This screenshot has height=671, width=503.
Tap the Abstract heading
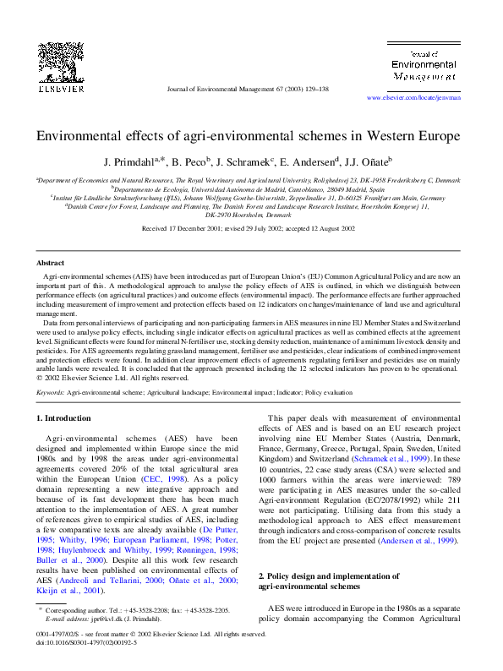click(50, 263)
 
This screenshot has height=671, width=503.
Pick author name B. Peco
click(190, 161)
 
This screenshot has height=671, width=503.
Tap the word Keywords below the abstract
click(52, 392)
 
